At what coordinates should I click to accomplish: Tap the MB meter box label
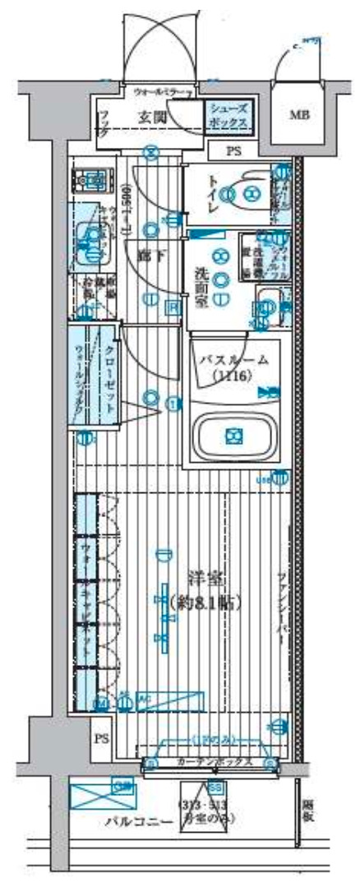(299, 115)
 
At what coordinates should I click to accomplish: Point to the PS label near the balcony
(100, 738)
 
